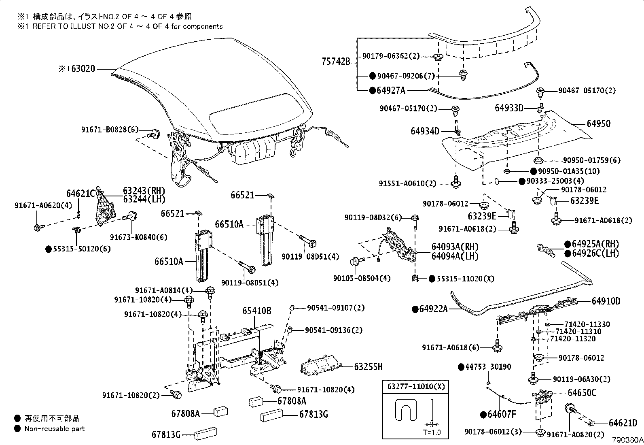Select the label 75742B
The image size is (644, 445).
(x=335, y=62)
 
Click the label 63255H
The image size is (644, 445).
(x=368, y=367)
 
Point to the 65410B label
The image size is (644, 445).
(x=257, y=311)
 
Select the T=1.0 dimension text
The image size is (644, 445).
(x=432, y=432)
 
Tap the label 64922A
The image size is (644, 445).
(x=434, y=309)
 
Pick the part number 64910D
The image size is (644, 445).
(x=606, y=301)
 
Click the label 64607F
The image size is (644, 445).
(x=502, y=414)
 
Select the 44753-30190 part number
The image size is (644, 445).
(x=488, y=367)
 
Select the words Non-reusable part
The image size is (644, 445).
(x=55, y=428)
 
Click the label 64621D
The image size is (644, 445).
(x=623, y=423)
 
